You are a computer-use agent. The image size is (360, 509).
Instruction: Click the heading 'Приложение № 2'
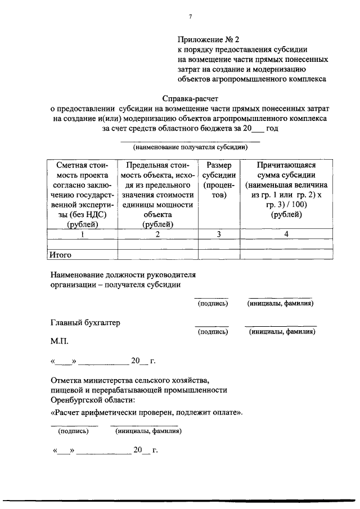pos(208,39)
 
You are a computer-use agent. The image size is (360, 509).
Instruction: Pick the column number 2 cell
pos(157,235)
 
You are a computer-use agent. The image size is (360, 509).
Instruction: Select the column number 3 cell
pos(219,235)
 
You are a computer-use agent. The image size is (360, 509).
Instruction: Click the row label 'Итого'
pos(60,255)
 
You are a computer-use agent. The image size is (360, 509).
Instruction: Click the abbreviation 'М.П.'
pos(61,342)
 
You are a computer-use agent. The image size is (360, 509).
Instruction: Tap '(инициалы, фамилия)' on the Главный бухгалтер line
pos(282,332)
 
